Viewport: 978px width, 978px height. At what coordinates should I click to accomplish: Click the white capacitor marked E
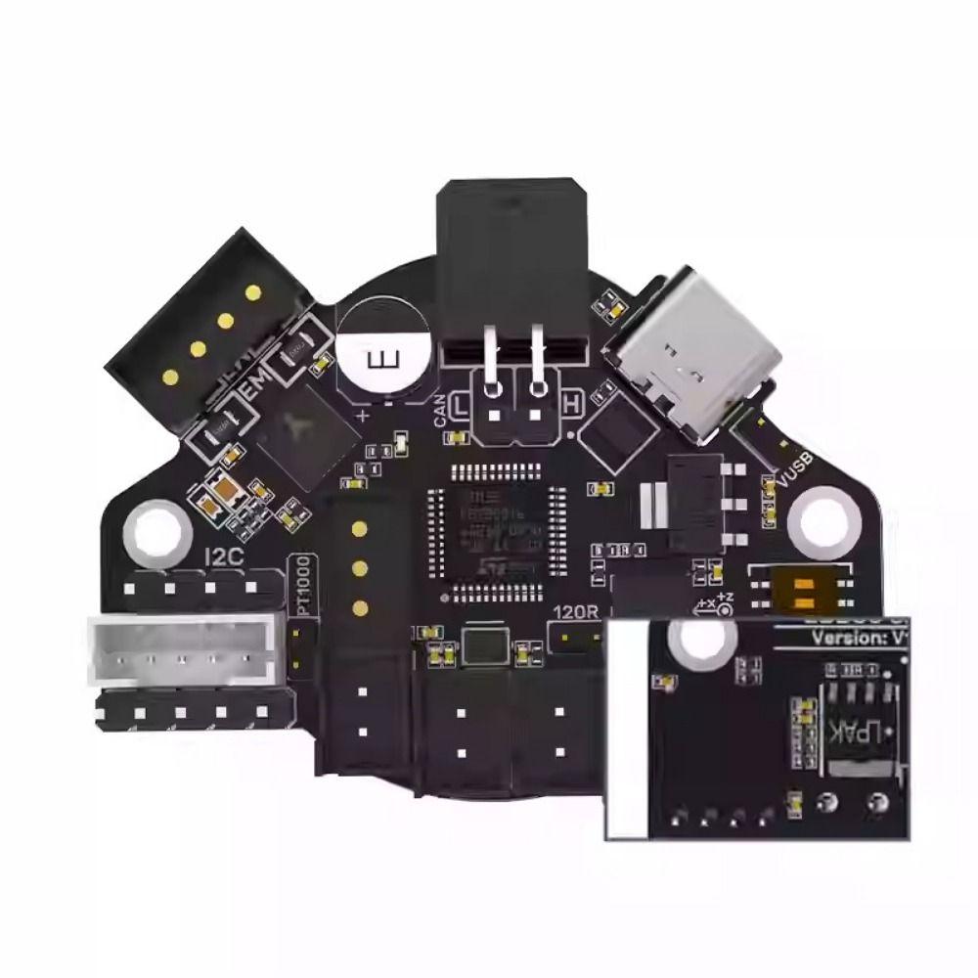click(x=384, y=358)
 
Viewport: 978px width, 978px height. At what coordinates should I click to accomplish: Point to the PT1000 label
click(x=305, y=585)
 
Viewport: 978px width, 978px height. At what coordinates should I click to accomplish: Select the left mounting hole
click(x=156, y=529)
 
